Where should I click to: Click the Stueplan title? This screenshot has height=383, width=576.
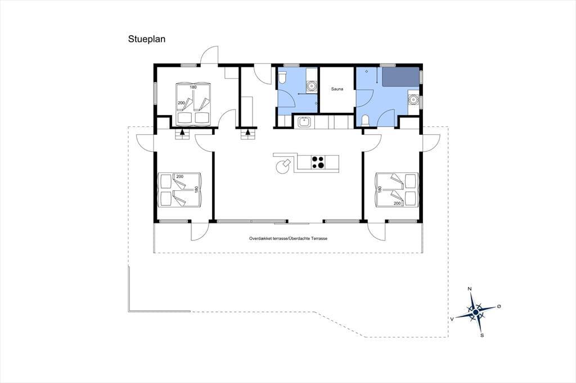pos(147,39)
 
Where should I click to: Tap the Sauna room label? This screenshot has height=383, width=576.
pos(337,89)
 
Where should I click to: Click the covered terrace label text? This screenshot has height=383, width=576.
pos(288,239)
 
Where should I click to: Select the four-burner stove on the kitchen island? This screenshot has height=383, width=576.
pos(318,162)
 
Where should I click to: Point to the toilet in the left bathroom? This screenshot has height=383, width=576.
pos(282,78)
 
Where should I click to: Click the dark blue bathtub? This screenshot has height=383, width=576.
pos(400,77)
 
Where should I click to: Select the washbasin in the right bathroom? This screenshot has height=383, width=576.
pos(413,99)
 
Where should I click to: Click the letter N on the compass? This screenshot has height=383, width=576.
pos(469,289)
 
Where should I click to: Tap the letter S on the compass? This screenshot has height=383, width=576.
pos(482,335)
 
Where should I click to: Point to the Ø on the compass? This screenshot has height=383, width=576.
pos(498,306)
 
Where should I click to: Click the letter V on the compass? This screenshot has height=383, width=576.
pos(452,319)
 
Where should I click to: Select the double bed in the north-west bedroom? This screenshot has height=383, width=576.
pos(193,103)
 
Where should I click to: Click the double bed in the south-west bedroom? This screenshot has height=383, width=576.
pos(179,190)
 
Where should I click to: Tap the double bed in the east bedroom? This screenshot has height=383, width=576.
pos(397,190)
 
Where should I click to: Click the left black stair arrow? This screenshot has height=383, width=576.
pos(183,132)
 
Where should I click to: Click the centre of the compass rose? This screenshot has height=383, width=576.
pos(475,312)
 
